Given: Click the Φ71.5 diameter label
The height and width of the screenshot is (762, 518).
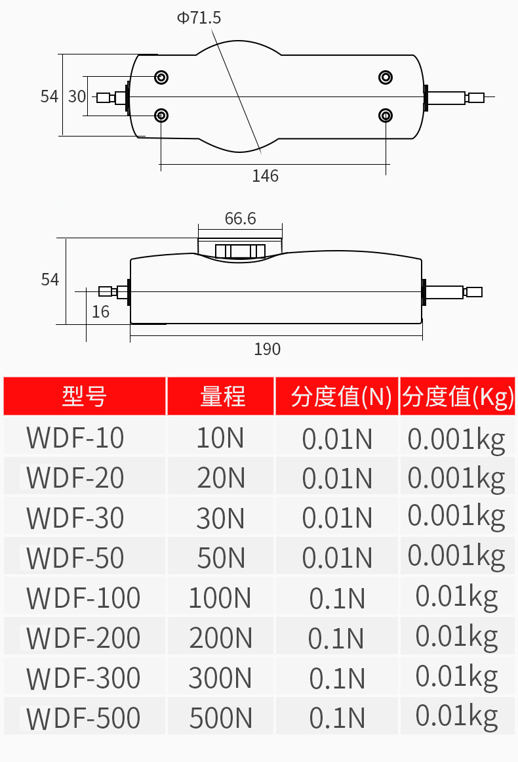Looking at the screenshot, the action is (x=199, y=18).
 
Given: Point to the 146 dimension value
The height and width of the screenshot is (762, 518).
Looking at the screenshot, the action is (x=266, y=176).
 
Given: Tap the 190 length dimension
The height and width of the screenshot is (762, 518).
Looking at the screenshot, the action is (x=267, y=349).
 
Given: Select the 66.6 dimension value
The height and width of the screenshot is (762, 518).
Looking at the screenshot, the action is (x=240, y=219).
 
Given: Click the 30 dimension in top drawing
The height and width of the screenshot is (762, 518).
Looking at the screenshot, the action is (x=77, y=96).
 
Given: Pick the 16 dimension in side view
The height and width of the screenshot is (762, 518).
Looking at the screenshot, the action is (x=100, y=311).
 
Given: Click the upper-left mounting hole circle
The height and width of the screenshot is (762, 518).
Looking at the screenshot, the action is (x=161, y=78).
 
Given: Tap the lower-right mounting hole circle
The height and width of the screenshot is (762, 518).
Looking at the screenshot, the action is (x=386, y=116).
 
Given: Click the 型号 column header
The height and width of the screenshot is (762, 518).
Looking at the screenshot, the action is (x=85, y=396).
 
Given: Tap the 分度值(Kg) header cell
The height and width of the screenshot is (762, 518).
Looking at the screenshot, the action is (x=458, y=396).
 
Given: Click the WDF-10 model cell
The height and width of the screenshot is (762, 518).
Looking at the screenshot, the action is (x=75, y=438).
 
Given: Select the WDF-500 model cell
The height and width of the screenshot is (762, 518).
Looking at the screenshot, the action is (x=83, y=718).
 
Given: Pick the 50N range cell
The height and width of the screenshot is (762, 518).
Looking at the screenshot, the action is (x=221, y=558).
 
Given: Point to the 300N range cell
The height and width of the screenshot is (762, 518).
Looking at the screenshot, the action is (x=221, y=678).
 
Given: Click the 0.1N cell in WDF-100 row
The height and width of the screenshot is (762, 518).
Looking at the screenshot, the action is (x=337, y=598).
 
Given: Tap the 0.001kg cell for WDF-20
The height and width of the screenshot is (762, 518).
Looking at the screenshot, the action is (x=456, y=478).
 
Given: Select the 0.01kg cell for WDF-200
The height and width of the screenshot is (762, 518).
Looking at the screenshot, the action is (x=456, y=637).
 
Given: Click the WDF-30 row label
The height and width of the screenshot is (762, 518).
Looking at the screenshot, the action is (x=75, y=519).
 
